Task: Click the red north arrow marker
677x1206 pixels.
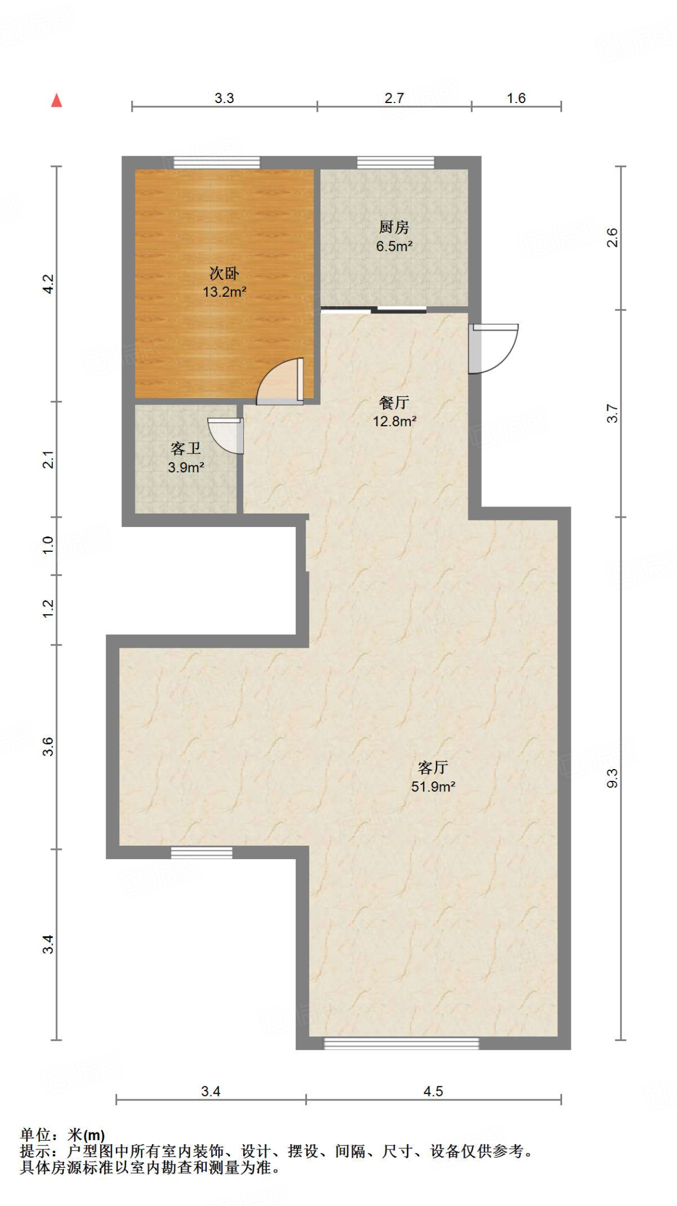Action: [57, 100]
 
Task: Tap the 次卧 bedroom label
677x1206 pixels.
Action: [224, 273]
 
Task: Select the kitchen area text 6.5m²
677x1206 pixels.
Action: [394, 246]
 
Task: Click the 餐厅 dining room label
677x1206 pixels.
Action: [394, 403]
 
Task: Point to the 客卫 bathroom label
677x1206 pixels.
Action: [186, 449]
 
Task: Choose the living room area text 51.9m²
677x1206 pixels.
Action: [433, 786]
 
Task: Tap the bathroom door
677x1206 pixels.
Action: [226, 436]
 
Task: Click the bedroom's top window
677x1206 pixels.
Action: [217, 163]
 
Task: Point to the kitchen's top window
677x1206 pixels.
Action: [395, 163]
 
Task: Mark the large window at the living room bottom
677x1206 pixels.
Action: [401, 1043]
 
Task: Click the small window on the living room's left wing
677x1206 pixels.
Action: [202, 853]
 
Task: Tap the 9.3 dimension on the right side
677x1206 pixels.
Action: [612, 778]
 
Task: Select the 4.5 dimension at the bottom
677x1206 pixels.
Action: [433, 1091]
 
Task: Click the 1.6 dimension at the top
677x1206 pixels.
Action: [516, 98]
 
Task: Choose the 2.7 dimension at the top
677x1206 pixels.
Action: [394, 98]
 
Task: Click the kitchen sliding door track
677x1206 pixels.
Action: [374, 310]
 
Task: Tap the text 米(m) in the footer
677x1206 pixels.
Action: [86, 1135]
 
